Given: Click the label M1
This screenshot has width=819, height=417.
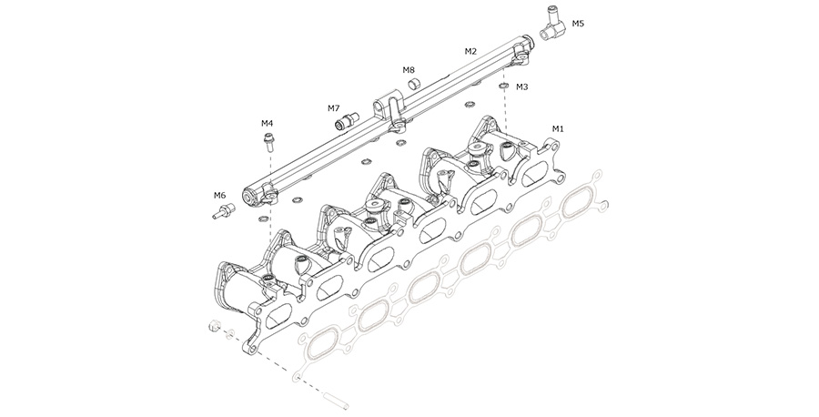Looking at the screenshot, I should (559, 128).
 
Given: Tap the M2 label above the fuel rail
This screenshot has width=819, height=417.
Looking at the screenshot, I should (470, 52).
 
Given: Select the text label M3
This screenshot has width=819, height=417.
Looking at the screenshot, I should (521, 87).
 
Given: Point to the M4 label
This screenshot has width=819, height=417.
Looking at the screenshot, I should (268, 122).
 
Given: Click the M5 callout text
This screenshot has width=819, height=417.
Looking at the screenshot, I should (579, 23).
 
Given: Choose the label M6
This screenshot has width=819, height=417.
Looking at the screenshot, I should (219, 195).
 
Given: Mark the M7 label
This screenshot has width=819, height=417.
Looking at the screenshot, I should (334, 108).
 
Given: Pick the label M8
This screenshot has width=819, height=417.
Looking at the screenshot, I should (409, 69).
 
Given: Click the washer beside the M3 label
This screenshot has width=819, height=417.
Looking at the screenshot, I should (503, 87).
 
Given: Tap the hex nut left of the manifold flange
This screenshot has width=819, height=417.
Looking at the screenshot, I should (213, 327).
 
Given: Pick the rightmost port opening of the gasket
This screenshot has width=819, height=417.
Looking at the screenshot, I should (580, 205).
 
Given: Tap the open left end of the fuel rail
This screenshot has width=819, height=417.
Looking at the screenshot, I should (248, 195).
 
